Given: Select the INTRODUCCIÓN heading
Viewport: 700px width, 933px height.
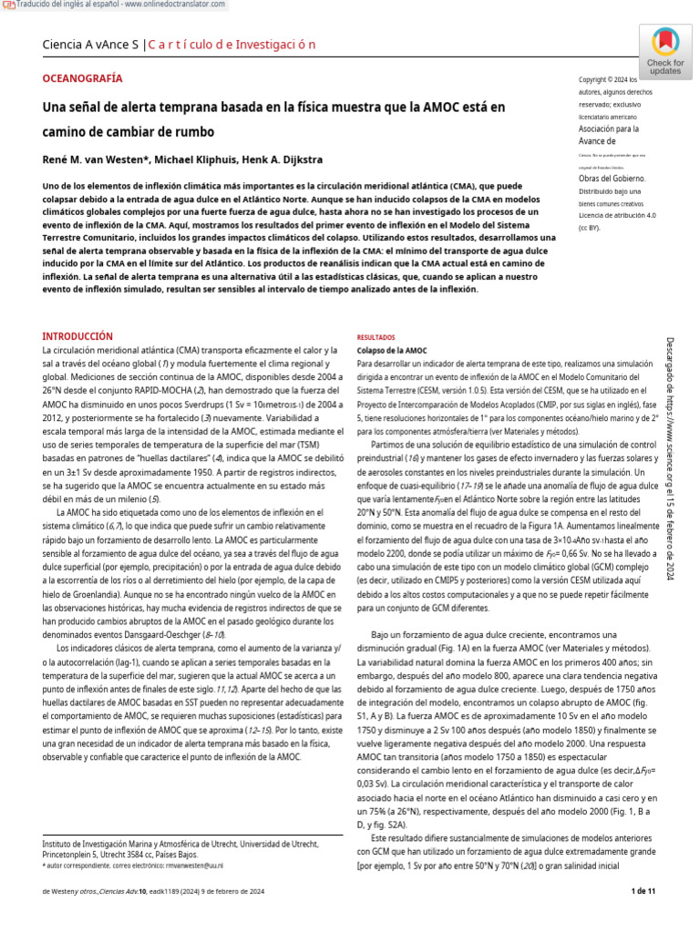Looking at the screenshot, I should [x=78, y=336].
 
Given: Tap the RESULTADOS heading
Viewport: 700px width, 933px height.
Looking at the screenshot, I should [x=376, y=336].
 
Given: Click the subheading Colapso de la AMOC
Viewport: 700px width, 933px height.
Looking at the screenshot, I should [x=392, y=350].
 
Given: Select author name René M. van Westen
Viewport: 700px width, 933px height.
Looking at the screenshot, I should [x=91, y=160].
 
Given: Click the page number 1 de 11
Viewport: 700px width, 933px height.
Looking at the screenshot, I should [x=643, y=891].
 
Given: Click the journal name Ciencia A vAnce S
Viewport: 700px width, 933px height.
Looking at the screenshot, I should [x=90, y=45].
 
